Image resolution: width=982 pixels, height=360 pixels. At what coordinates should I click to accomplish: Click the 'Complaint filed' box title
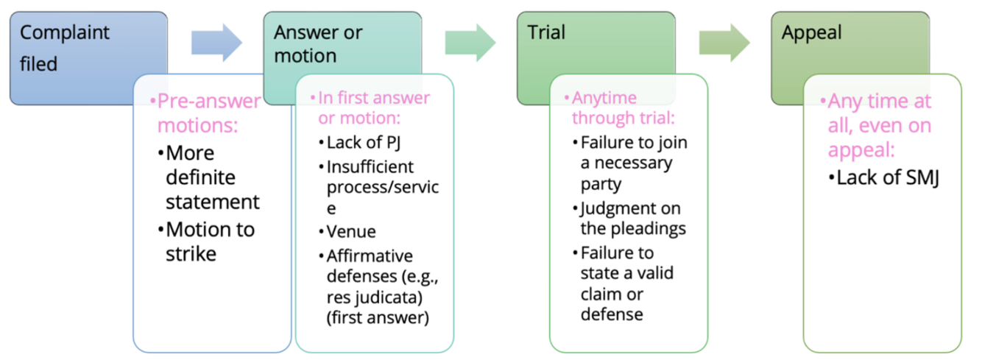click(64, 48)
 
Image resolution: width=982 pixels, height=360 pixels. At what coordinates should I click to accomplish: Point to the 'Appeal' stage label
click(812, 32)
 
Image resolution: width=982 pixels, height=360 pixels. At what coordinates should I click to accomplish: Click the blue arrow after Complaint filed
click(216, 43)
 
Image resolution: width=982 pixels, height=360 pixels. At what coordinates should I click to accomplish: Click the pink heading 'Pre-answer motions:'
click(205, 113)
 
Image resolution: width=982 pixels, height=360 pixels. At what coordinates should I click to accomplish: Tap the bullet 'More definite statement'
click(212, 177)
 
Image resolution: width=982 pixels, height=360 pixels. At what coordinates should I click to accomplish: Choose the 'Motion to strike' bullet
click(210, 241)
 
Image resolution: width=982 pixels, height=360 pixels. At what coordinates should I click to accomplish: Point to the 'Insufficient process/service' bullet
click(382, 187)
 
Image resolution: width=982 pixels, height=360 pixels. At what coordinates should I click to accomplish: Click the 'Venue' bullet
click(351, 232)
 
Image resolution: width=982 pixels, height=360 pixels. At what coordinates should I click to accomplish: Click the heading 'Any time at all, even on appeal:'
click(878, 126)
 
